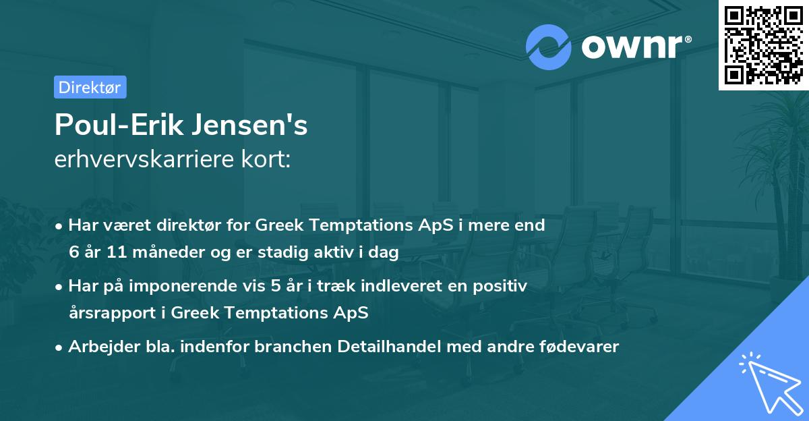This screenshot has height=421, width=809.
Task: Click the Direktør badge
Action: pyautogui.click(x=90, y=87)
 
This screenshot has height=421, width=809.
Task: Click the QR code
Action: pyautogui.click(x=763, y=45)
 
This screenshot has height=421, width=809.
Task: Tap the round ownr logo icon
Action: pyautogui.click(x=548, y=47)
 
